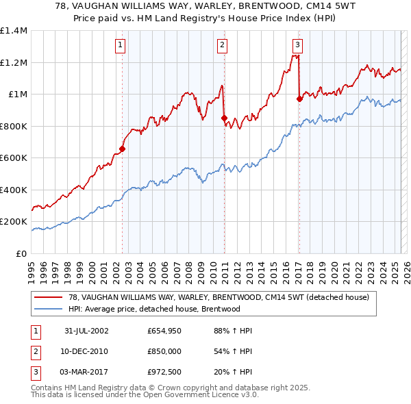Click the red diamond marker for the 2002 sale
pyautogui.click(x=123, y=149)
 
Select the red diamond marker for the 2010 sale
pyautogui.click(x=224, y=118)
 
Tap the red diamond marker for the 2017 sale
pyautogui.click(x=299, y=99)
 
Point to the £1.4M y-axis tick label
pyautogui.click(x=14, y=31)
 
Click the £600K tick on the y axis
pyautogui.click(x=14, y=158)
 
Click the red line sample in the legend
pyautogui.click(x=48, y=297)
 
